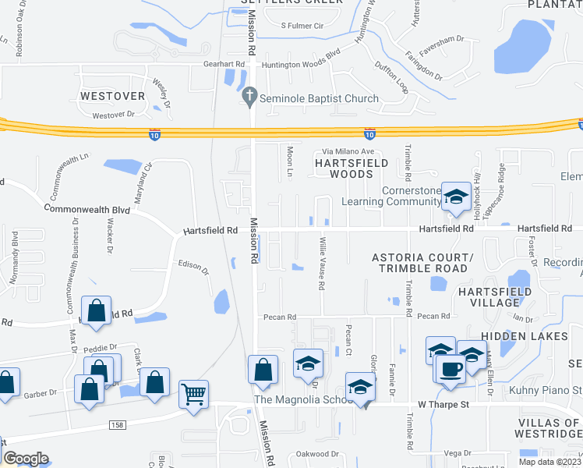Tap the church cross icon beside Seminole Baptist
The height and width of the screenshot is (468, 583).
[249, 98]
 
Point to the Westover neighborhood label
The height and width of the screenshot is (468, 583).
[113, 96]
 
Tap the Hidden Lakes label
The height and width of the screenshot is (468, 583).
[525, 335]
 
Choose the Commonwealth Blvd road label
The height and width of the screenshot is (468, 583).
[87, 210]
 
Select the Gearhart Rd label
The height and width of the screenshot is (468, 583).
[224, 64]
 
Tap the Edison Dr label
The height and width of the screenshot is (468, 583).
[194, 268]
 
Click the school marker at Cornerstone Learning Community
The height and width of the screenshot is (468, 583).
[455, 196]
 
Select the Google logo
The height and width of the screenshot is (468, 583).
[26, 459]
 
